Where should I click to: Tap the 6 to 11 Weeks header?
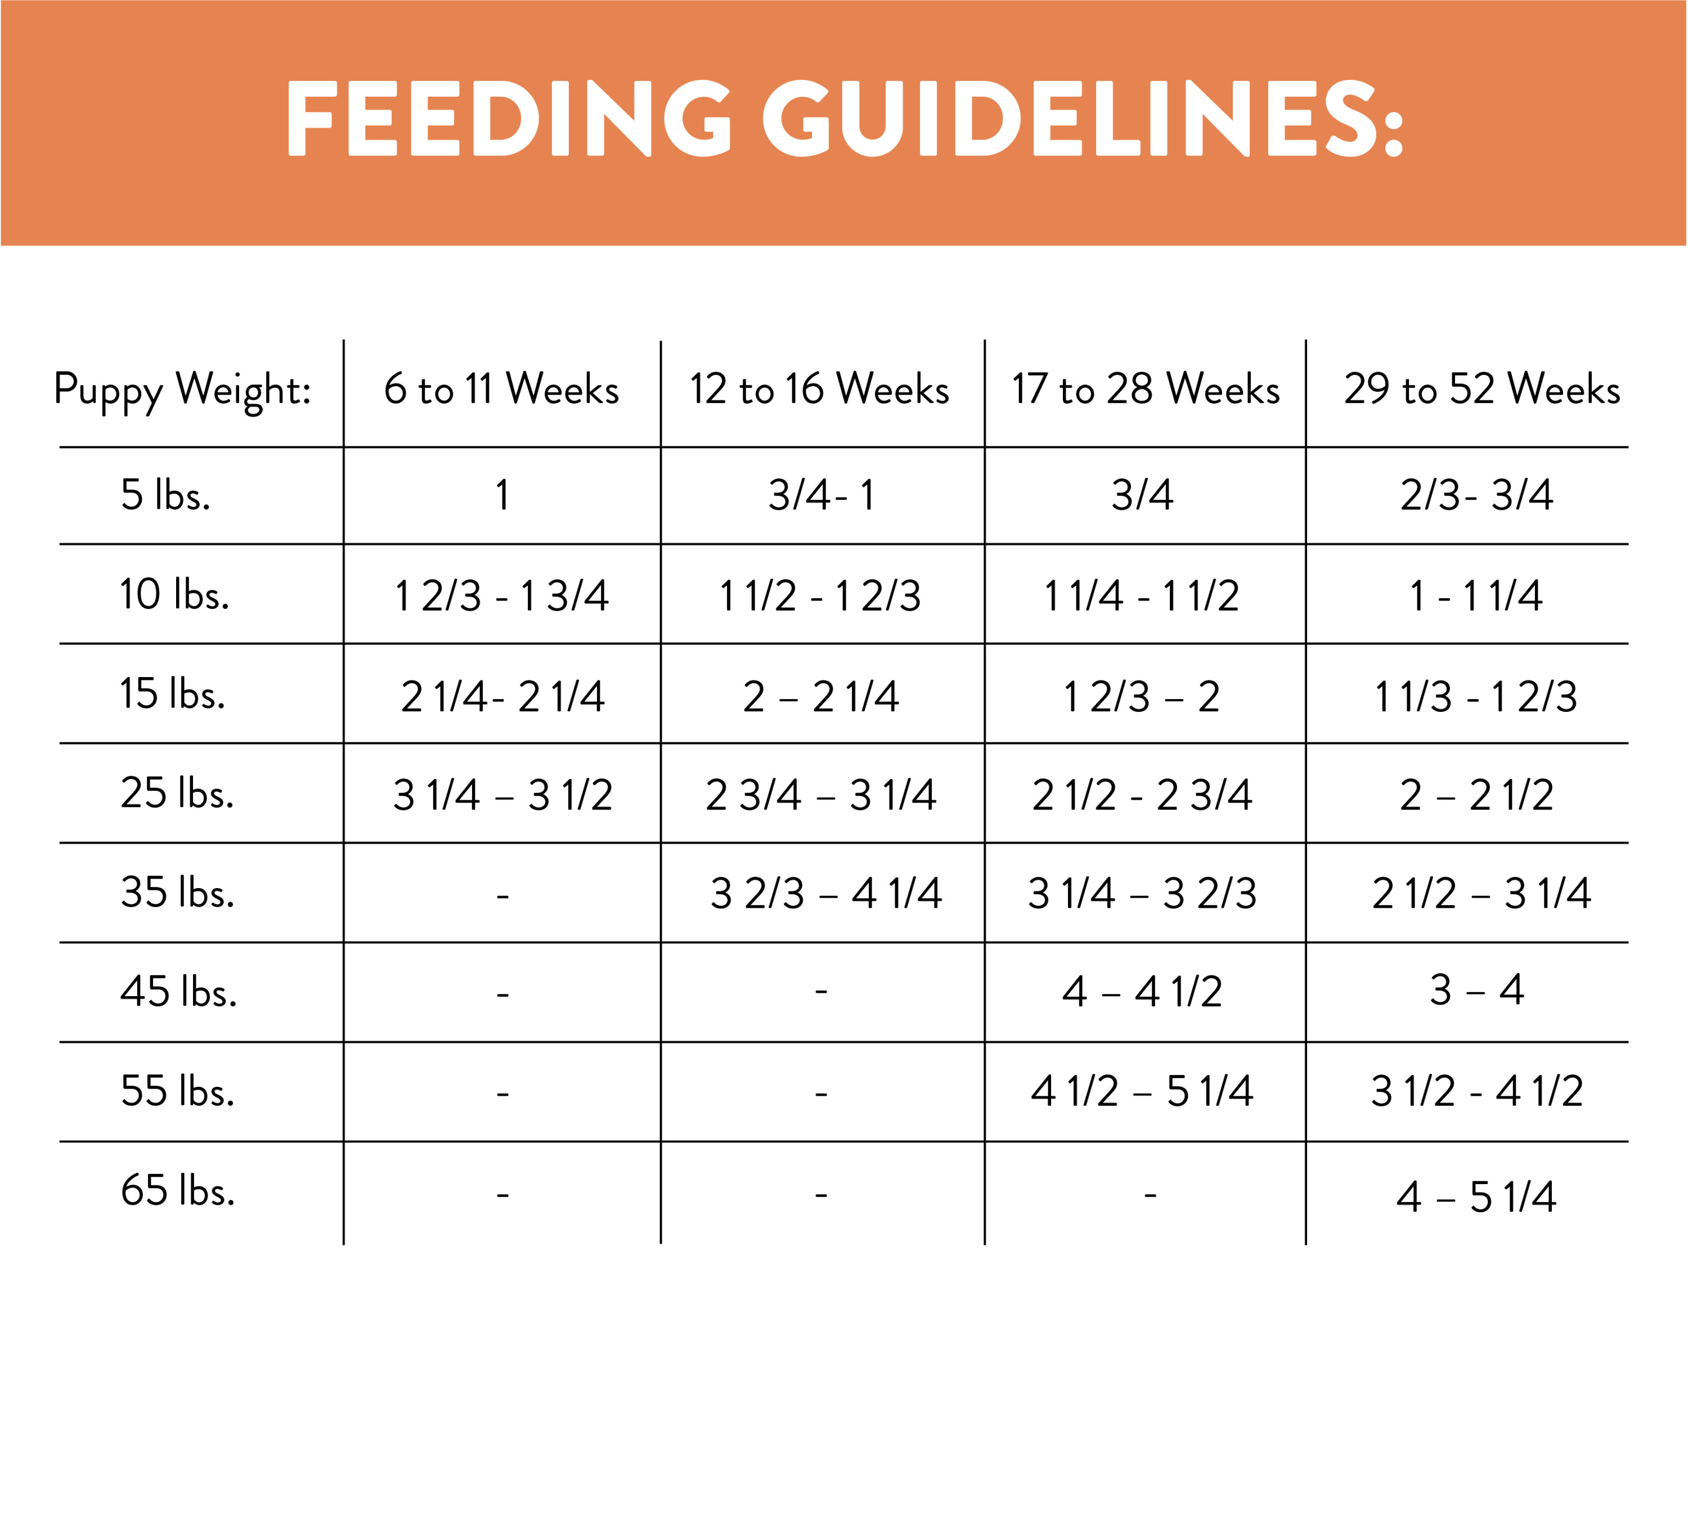(x=501, y=389)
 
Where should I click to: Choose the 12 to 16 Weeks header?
(x=820, y=389)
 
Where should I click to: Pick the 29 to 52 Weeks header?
(x=1482, y=389)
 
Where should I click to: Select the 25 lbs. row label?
(x=177, y=792)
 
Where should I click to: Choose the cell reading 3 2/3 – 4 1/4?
(x=825, y=894)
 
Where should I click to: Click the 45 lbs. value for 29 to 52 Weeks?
(x=1476, y=991)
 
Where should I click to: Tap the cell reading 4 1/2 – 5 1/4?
(x=1142, y=1091)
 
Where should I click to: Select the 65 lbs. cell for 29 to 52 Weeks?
(x=1476, y=1197)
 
